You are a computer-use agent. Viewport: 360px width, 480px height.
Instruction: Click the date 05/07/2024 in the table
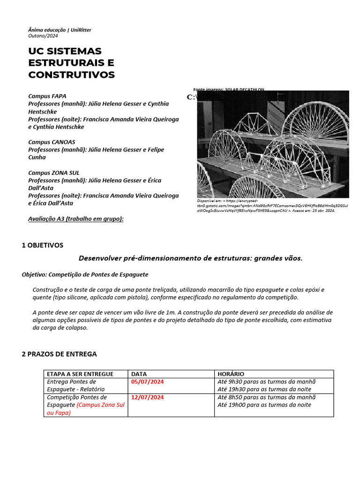point(147,382)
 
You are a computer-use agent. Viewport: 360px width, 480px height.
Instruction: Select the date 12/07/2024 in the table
point(147,397)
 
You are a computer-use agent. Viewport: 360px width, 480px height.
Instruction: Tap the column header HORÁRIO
point(231,374)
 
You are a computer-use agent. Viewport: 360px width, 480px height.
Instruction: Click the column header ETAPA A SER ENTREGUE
point(80,374)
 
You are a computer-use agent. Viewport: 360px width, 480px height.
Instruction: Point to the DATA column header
point(139,374)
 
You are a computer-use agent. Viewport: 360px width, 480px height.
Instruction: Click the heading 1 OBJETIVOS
point(42,245)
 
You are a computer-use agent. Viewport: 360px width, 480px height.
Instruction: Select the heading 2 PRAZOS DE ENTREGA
point(59,354)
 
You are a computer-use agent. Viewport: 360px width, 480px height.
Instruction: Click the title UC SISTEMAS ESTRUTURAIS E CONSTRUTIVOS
point(71,63)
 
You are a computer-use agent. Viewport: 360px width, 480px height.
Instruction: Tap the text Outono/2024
point(43,36)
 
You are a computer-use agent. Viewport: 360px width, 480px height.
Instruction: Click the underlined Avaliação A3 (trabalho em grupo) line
point(76,218)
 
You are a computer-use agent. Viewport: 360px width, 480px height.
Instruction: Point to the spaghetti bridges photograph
point(273,144)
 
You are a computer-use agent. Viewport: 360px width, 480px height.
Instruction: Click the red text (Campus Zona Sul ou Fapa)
point(86,409)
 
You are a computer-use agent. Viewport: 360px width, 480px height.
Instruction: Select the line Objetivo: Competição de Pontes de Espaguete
point(85,274)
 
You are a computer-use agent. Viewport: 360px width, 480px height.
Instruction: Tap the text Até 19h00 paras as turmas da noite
point(264,405)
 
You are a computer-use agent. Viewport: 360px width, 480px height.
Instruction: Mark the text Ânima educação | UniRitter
point(60,30)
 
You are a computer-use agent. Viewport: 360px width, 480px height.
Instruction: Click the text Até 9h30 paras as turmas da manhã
point(267,382)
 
